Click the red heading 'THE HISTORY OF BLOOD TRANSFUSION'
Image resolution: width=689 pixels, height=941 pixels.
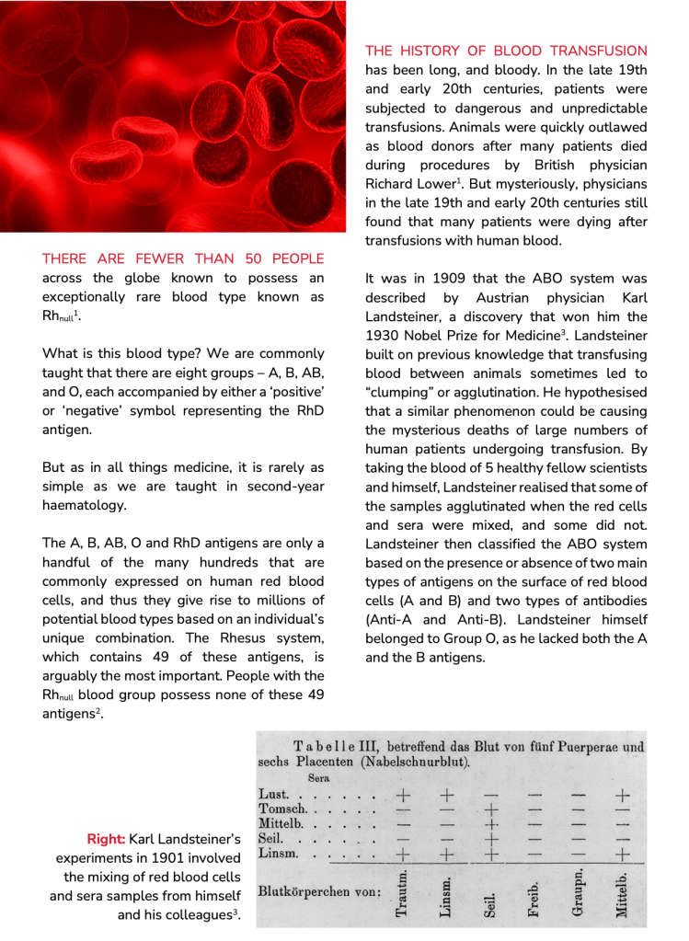coord(506,51)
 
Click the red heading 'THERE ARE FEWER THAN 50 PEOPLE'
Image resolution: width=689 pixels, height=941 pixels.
coord(183,258)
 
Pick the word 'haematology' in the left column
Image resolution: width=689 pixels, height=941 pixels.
coord(84,505)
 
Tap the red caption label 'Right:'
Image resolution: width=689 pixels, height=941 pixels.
coord(106,839)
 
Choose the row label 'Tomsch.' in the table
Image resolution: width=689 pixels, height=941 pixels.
coord(281,809)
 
